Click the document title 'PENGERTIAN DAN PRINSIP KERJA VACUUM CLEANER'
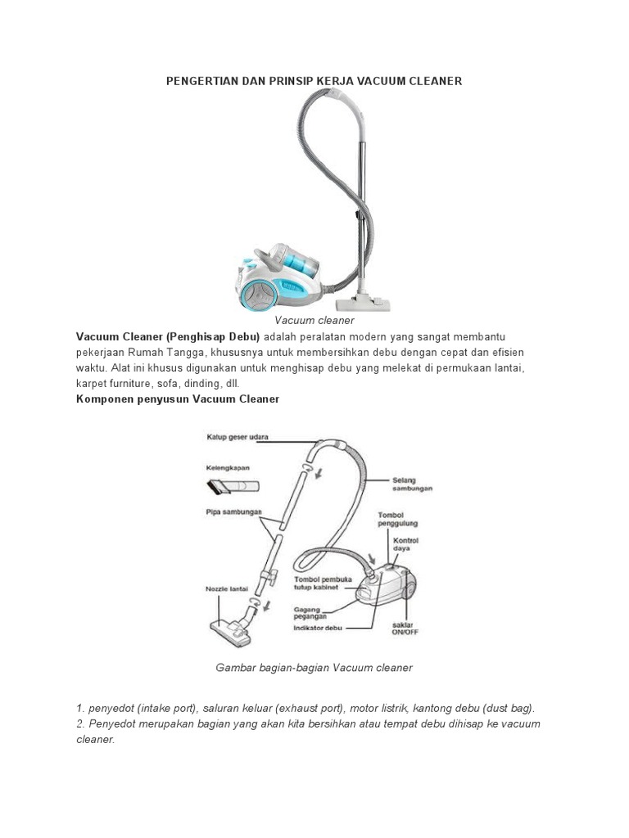pyautogui.click(x=314, y=81)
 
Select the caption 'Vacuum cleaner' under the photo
pyautogui.click(x=314, y=321)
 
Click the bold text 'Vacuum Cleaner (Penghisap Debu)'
pyautogui.click(x=168, y=336)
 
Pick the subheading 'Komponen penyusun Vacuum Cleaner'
pyautogui.click(x=178, y=399)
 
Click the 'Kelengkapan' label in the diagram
pyautogui.click(x=228, y=468)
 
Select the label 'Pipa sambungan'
pyautogui.click(x=234, y=511)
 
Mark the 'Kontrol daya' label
pyautogui.click(x=407, y=545)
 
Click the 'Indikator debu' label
pyautogui.click(x=319, y=628)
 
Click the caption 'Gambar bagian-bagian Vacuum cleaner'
pyautogui.click(x=314, y=668)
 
